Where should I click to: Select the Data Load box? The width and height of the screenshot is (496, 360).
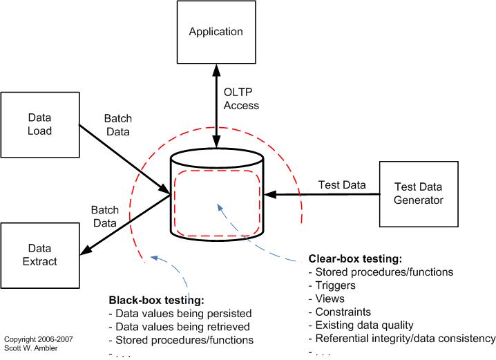[x=39, y=124]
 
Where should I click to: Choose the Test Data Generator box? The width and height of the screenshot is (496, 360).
[x=419, y=193]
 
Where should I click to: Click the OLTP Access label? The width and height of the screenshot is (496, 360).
[x=242, y=99]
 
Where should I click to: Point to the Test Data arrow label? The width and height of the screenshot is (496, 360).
[x=341, y=184]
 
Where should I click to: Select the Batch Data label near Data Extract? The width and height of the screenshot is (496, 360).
[x=106, y=217]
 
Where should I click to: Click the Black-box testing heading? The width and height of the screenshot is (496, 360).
[x=155, y=301]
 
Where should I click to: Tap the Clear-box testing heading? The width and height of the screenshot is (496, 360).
[x=355, y=259]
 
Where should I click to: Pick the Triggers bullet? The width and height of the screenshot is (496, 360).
[x=335, y=285]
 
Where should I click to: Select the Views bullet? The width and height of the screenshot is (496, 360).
[x=329, y=299]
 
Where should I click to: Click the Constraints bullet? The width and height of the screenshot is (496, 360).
[x=342, y=312]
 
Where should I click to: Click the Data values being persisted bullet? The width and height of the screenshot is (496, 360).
[x=180, y=314]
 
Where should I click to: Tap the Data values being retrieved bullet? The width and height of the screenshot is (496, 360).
[x=180, y=327]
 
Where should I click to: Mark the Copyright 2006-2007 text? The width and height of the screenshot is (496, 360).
[x=38, y=340]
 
